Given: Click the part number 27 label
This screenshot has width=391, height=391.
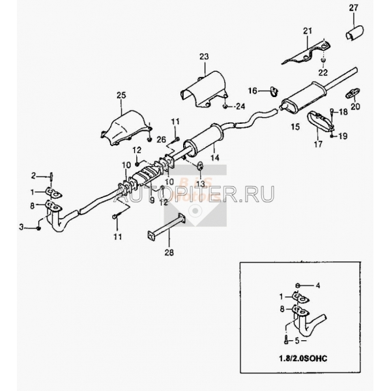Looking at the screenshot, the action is [x=353, y=8].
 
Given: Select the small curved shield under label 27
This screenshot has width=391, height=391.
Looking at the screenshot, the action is [x=355, y=33].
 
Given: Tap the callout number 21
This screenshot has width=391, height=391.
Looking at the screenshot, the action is [x=308, y=31].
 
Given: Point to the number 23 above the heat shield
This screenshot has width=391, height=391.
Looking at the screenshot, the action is [x=204, y=57].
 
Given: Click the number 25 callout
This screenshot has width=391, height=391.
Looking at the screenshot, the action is [x=121, y=95].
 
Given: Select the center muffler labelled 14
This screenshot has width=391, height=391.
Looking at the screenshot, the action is [x=203, y=139].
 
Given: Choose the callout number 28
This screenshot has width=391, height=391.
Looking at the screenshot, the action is [x=169, y=253].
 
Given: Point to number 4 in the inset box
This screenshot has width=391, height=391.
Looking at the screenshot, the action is [x=317, y=285].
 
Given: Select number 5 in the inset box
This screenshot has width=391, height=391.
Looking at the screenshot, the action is [x=297, y=341].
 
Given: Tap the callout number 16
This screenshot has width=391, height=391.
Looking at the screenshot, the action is [x=253, y=91].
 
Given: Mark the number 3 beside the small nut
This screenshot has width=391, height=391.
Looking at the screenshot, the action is [x=22, y=227].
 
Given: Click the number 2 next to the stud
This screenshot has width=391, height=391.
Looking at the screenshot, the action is [x=33, y=176].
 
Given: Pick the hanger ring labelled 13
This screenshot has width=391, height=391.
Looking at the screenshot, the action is [x=200, y=166].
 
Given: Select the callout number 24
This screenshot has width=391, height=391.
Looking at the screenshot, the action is [x=240, y=106].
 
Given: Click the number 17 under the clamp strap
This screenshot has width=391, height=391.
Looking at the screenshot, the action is [x=318, y=144].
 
